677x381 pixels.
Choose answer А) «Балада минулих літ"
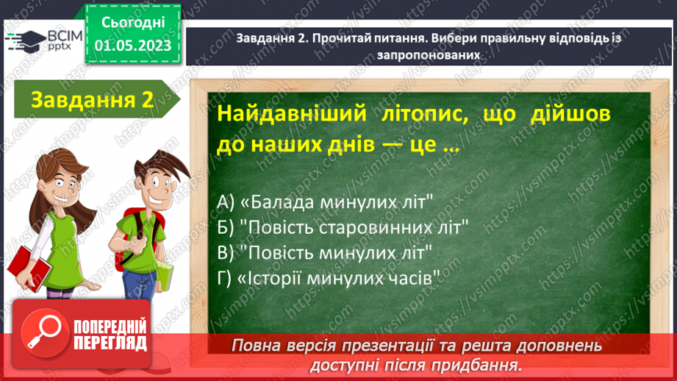[324, 201]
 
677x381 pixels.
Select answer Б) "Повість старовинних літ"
[343, 227]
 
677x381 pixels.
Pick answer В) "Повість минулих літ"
[325, 252]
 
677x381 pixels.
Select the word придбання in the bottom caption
[481, 364]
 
